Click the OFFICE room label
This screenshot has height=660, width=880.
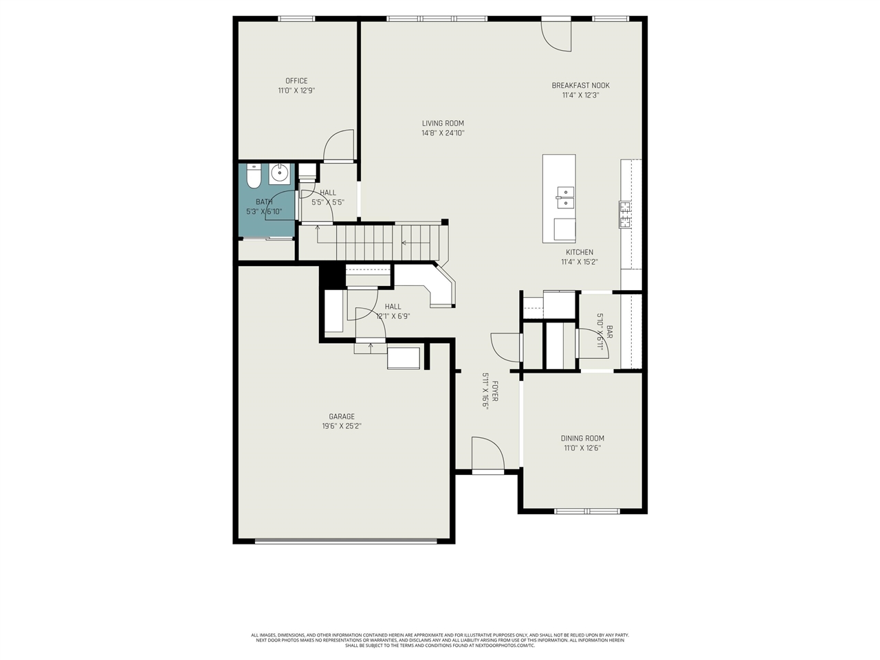coord(296,81)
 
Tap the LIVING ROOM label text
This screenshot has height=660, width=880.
coord(443,124)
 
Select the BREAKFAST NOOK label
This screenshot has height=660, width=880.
coord(580,86)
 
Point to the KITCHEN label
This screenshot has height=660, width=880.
coord(580,252)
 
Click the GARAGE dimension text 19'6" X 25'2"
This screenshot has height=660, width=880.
coord(342,426)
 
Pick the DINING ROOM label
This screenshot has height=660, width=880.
coord(582,439)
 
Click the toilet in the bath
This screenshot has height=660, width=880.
coord(252,177)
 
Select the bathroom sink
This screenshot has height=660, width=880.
coord(279,174)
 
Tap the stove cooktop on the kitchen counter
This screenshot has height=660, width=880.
coord(626,214)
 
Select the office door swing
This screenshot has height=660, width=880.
coord(338,146)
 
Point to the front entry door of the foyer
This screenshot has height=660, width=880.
coord(488,454)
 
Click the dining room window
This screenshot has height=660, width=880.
coord(587,511)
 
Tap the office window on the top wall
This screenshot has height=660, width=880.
coord(296,19)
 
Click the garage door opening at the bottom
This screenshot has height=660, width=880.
coord(346,541)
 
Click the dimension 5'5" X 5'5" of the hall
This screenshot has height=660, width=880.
coord(328,203)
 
